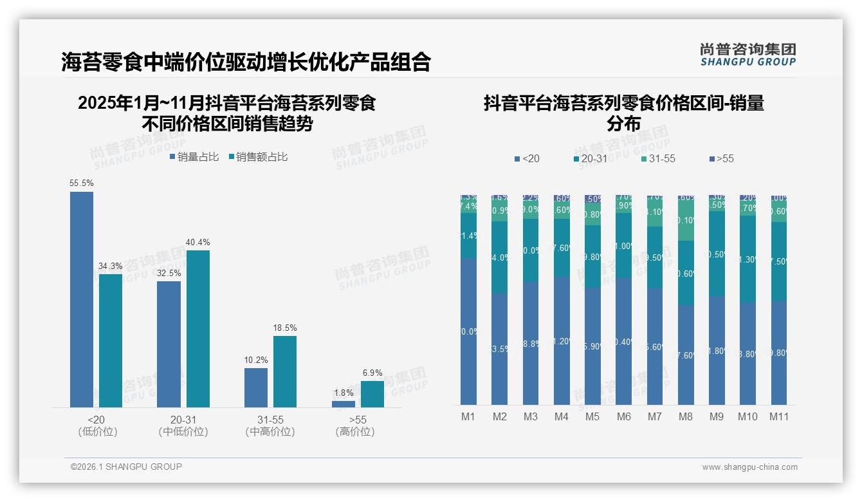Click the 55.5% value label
(x=82, y=183)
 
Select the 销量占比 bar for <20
(x=82, y=299)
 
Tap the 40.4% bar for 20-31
(x=197, y=328)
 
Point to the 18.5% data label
(x=285, y=328)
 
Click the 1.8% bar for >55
(x=344, y=404)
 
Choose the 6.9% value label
(x=372, y=373)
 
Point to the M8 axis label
(x=686, y=417)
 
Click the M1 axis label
(x=468, y=417)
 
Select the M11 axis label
(x=779, y=417)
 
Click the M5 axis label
(x=592, y=417)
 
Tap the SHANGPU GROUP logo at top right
(x=747, y=55)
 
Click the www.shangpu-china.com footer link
(x=749, y=467)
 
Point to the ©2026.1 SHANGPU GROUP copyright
(x=126, y=467)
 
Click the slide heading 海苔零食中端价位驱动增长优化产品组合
(x=246, y=62)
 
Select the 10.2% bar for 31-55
(x=256, y=387)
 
